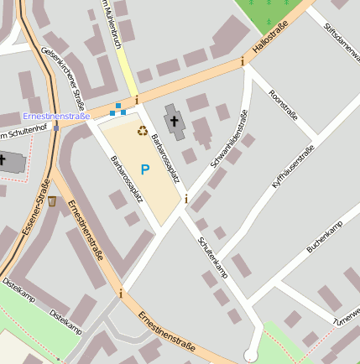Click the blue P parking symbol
pos(144,169)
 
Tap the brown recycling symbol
pos(142,131)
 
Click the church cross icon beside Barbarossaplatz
pos(175,122)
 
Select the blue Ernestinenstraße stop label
pos(56,116)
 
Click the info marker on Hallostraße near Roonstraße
pos(243,61)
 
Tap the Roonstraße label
pos(283,105)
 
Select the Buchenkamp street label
pos(325,239)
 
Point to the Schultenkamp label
pos(212,256)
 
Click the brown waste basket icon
pos(53,201)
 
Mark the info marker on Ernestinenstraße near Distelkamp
pos(121,294)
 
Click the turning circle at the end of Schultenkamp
pos(249,356)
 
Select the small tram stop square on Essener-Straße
pos(55,128)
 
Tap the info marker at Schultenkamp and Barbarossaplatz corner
pos(186,200)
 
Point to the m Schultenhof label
pos(21,136)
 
